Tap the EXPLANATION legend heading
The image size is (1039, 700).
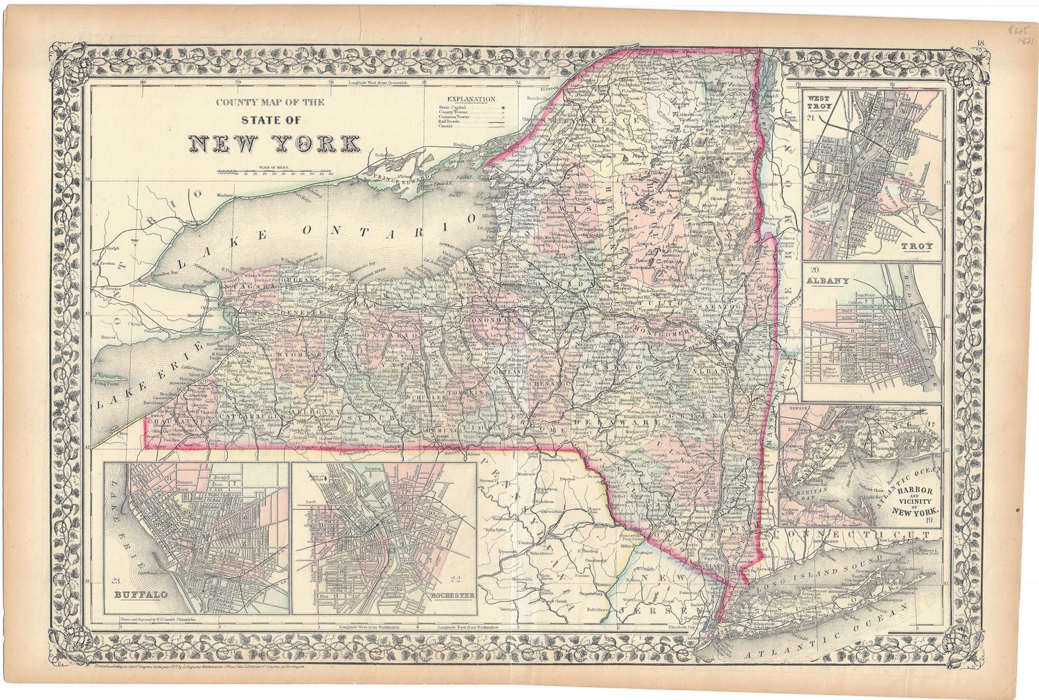pyautogui.click(x=472, y=99)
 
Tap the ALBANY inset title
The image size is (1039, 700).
pyautogui.click(x=827, y=281)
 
